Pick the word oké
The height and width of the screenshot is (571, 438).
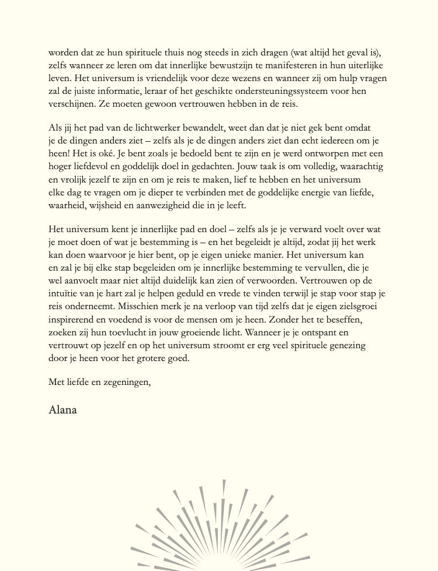102,153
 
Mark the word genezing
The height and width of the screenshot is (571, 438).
345,345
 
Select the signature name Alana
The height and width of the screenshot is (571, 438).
63,409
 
